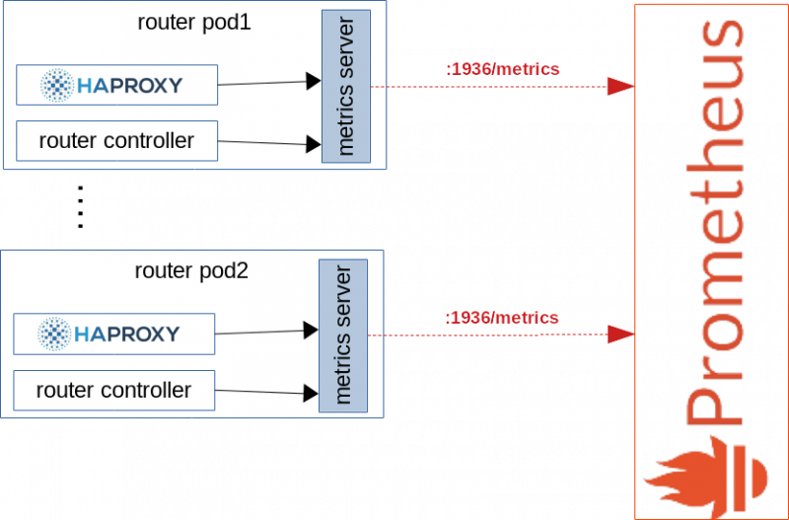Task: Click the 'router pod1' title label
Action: tap(194, 23)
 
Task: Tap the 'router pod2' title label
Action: tap(191, 271)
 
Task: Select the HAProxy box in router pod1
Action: tap(116, 85)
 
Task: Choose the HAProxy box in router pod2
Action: tap(113, 334)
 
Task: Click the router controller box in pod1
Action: tap(116, 141)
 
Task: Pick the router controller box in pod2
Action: tap(113, 391)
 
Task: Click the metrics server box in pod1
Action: tap(346, 86)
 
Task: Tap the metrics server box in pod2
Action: tap(343, 335)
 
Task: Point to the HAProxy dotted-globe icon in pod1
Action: tap(57, 85)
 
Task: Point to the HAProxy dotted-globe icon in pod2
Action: tap(54, 334)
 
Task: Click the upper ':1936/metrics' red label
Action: tap(503, 69)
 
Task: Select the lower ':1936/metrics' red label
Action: tap(502, 318)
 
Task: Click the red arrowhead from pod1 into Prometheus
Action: tap(621, 87)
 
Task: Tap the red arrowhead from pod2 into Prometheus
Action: tap(621, 334)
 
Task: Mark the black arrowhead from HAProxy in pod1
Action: tap(314, 81)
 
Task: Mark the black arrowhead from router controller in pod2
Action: tap(311, 393)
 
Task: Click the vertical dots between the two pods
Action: tap(80, 207)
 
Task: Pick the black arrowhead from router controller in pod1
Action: tap(314, 144)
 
